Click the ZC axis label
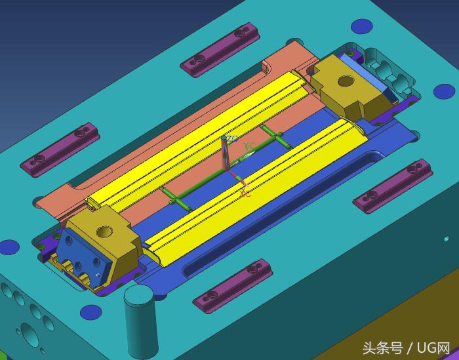pyautogui.click(x=230, y=140)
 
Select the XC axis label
pyautogui.click(x=245, y=193)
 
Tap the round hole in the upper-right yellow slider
pyautogui.click(x=343, y=82)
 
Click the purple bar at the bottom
pyautogui.click(x=233, y=285)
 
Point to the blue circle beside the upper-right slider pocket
pyautogui.click(x=360, y=26)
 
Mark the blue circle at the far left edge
pyautogui.click(x=9, y=247)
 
